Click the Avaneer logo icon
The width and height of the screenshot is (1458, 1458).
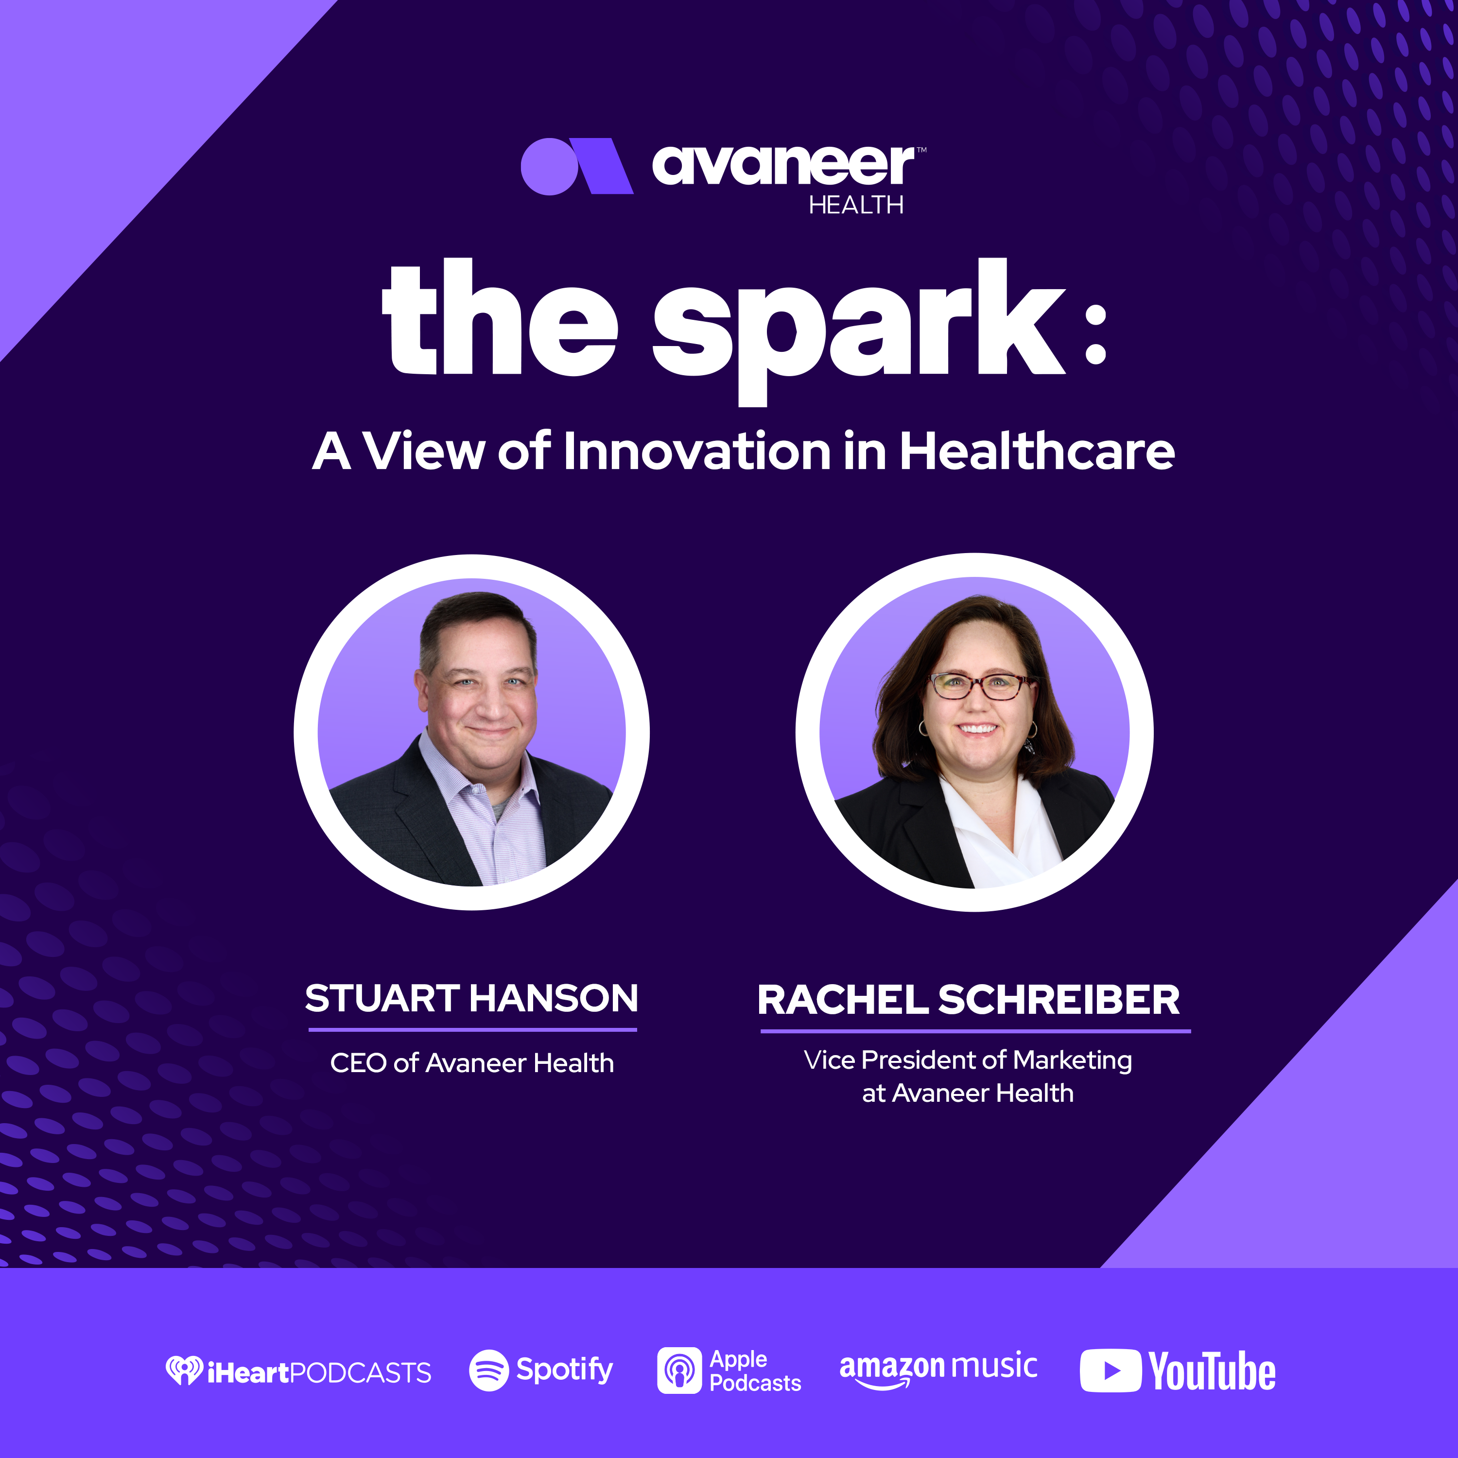[x=576, y=166]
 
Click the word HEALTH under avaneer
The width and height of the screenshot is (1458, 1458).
[x=856, y=205]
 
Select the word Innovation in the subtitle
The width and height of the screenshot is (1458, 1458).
[x=697, y=451]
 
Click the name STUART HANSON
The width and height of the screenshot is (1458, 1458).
[x=471, y=998]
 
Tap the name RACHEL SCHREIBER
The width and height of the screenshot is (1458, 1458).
[x=968, y=1000]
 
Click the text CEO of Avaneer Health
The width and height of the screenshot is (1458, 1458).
[x=471, y=1063]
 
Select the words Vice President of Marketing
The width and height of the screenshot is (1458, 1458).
[x=968, y=1061]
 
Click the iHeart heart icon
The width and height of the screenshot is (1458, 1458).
[x=184, y=1370]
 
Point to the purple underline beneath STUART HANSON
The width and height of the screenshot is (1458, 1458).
[x=472, y=1029]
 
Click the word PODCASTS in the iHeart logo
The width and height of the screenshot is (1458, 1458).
[x=360, y=1373]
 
